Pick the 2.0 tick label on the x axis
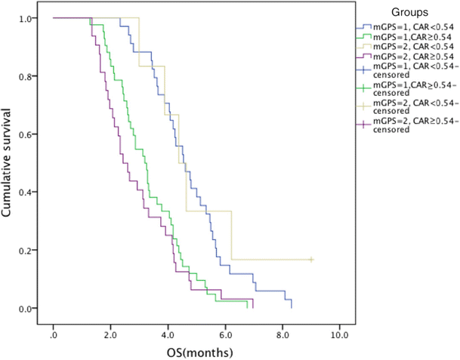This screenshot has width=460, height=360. point(111,333)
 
